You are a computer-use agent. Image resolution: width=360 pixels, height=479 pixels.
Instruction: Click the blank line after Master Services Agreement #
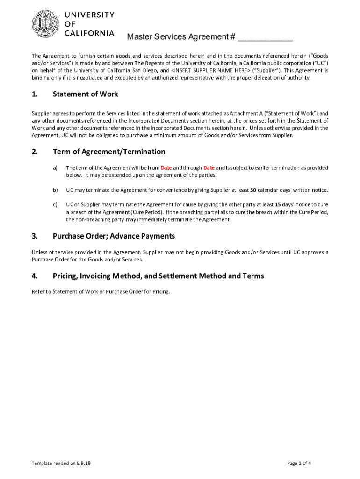(x=265, y=38)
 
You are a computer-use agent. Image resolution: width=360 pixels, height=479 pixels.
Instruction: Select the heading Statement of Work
(x=85, y=94)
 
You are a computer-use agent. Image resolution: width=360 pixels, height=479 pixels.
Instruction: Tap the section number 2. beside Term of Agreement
(x=35, y=152)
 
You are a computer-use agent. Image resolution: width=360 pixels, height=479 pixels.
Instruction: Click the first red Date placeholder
(x=166, y=167)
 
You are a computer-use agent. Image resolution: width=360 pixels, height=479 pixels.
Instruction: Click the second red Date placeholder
(x=209, y=167)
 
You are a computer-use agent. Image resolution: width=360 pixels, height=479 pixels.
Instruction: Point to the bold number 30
(x=253, y=190)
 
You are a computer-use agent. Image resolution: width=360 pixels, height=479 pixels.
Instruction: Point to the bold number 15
(x=278, y=205)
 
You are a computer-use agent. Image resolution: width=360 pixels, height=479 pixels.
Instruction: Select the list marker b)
(x=55, y=190)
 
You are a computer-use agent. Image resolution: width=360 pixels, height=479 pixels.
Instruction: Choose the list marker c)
(x=55, y=205)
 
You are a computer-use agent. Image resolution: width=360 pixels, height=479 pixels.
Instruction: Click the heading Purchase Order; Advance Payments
(x=114, y=236)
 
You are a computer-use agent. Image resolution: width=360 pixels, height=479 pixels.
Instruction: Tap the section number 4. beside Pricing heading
(x=35, y=276)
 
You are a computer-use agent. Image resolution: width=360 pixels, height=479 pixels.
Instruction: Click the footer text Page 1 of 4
(x=299, y=464)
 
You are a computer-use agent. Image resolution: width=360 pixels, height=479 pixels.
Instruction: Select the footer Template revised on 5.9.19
(x=61, y=464)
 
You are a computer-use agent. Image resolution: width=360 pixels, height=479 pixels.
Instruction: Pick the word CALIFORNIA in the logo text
(x=89, y=33)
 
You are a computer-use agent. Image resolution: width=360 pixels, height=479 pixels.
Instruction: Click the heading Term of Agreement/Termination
(x=109, y=152)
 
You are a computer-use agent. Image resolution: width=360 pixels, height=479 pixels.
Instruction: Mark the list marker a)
(x=55, y=167)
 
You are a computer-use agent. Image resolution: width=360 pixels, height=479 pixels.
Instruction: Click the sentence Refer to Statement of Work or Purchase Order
(x=101, y=292)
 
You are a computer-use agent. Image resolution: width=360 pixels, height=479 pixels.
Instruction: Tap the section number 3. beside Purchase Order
(x=35, y=236)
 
